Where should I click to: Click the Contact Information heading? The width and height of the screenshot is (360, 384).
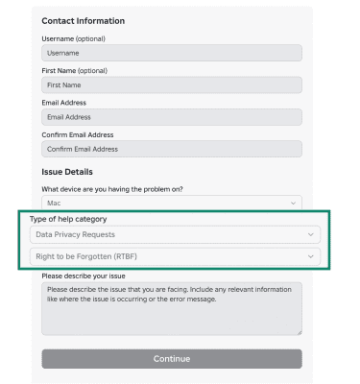[x=84, y=21]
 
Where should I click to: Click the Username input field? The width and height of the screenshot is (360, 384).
[x=171, y=54]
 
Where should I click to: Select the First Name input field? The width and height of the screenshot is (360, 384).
[x=171, y=85]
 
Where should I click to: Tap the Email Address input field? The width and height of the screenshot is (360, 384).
[x=171, y=117]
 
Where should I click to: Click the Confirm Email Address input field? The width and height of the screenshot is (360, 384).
[x=171, y=149]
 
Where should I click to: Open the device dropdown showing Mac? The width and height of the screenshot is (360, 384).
[x=171, y=204]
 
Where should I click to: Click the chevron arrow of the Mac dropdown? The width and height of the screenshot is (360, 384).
[x=293, y=204]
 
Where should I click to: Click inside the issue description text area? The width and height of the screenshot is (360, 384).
[x=171, y=308]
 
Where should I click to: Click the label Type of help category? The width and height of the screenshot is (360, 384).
[x=68, y=219]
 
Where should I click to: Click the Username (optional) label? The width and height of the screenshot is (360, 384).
[x=74, y=38]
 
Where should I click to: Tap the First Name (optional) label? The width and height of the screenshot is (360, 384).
[x=75, y=70]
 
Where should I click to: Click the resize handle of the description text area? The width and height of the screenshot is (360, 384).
[x=299, y=332]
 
